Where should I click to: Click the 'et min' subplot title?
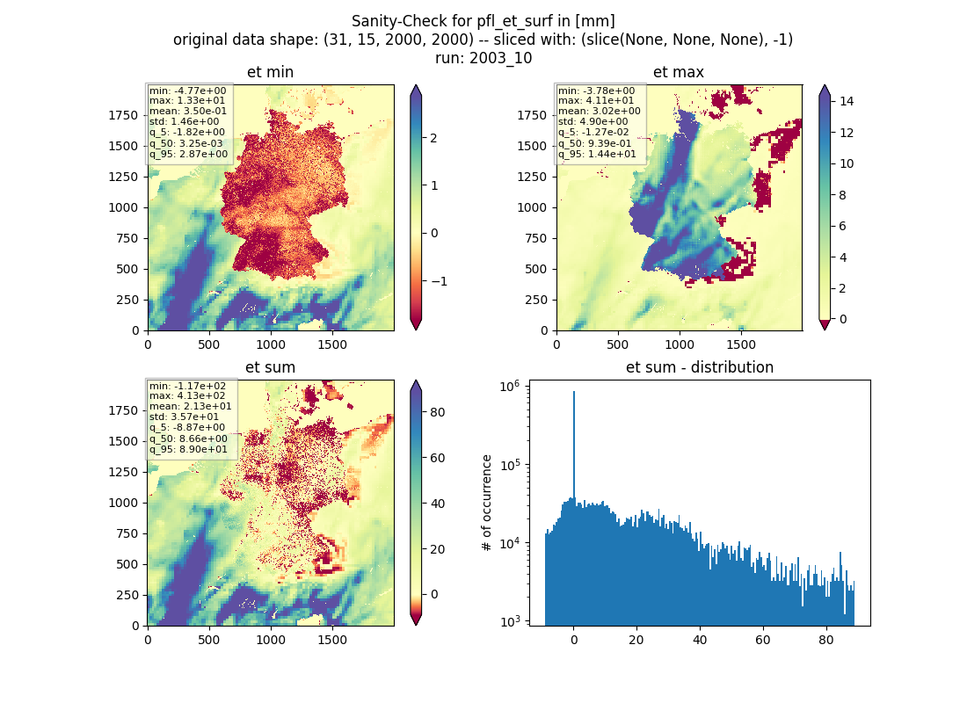[x=270, y=72]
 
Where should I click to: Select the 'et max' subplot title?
[x=679, y=72]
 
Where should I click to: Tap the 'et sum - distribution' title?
[x=700, y=367]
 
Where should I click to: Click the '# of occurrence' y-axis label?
[x=487, y=504]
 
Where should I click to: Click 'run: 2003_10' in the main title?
[x=484, y=58]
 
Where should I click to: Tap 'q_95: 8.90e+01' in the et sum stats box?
[x=188, y=449]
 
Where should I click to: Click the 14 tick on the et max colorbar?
[x=846, y=101]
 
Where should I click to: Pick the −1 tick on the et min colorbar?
[x=439, y=281]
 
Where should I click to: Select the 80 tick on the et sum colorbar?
[x=437, y=412]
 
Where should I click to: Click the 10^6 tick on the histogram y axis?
[x=509, y=387]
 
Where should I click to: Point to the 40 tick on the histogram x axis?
[x=700, y=640]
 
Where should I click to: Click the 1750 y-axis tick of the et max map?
[x=532, y=115]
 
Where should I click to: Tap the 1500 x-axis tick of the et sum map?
[x=331, y=640]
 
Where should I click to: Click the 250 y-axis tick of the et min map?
[x=128, y=300]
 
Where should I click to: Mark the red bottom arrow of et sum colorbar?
[x=417, y=620]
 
